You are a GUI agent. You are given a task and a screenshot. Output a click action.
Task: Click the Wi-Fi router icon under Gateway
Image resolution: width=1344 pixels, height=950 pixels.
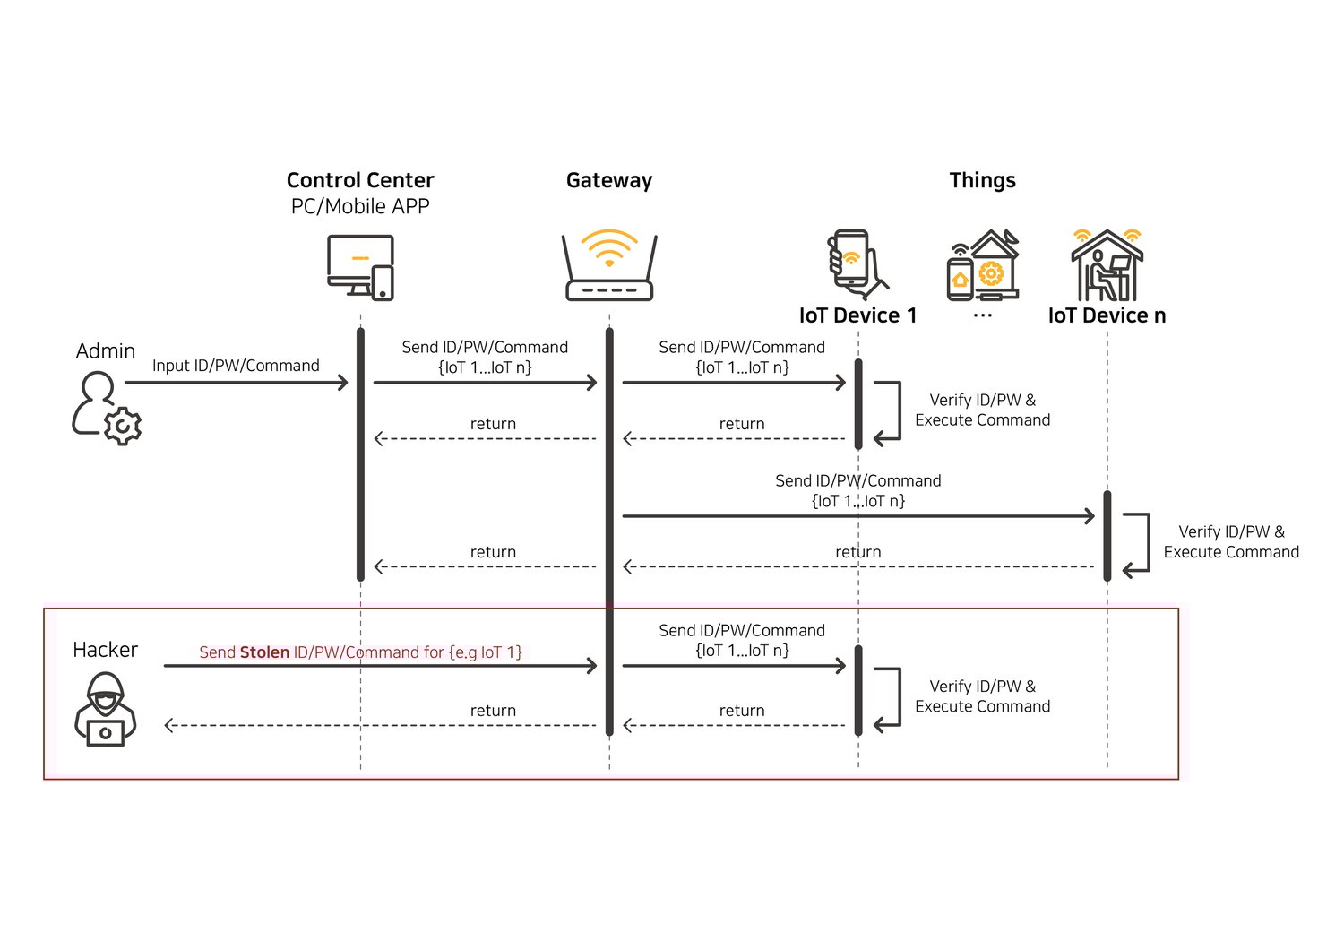pos(609,266)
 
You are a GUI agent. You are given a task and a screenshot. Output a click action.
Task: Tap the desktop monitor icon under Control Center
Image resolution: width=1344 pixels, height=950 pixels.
pos(360,267)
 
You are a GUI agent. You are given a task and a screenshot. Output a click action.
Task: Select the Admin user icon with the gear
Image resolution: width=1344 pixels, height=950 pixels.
pos(106,409)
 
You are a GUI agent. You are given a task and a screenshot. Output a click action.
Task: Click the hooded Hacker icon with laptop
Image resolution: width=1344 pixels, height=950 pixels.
pos(106,709)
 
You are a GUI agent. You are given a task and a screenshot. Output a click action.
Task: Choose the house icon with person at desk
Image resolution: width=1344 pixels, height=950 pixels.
pos(1107,265)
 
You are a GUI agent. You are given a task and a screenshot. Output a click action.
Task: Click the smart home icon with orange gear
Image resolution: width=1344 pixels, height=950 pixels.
pos(983,266)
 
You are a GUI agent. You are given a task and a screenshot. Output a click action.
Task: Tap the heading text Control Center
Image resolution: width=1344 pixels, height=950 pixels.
pos(360,180)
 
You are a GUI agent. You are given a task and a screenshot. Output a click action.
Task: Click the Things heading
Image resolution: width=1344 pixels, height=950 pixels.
pos(982,180)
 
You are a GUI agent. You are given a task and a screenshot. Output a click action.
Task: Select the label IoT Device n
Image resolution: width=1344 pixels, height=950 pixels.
pos(1107,315)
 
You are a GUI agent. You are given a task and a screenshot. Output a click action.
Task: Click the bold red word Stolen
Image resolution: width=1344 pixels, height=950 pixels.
pos(264,652)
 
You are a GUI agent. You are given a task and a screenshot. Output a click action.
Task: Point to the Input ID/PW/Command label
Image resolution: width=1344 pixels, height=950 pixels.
pos(236,366)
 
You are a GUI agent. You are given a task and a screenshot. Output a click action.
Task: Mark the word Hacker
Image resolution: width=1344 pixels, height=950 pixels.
pos(105,650)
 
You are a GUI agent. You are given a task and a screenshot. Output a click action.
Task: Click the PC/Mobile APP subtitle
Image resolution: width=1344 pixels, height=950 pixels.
pos(360,206)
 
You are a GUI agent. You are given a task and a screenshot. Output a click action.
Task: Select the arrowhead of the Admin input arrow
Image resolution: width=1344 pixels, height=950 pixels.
pos(342,383)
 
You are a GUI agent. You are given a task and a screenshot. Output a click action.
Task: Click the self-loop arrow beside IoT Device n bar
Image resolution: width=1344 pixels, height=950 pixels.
pos(1138,543)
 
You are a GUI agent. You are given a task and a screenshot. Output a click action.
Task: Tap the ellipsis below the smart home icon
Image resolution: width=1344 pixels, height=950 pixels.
pos(982,316)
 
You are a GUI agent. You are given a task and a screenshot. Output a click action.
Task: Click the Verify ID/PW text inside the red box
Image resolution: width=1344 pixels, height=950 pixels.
pos(982,687)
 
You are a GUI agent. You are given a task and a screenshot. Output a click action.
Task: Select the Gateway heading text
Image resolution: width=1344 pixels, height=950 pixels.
pos(609,180)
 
